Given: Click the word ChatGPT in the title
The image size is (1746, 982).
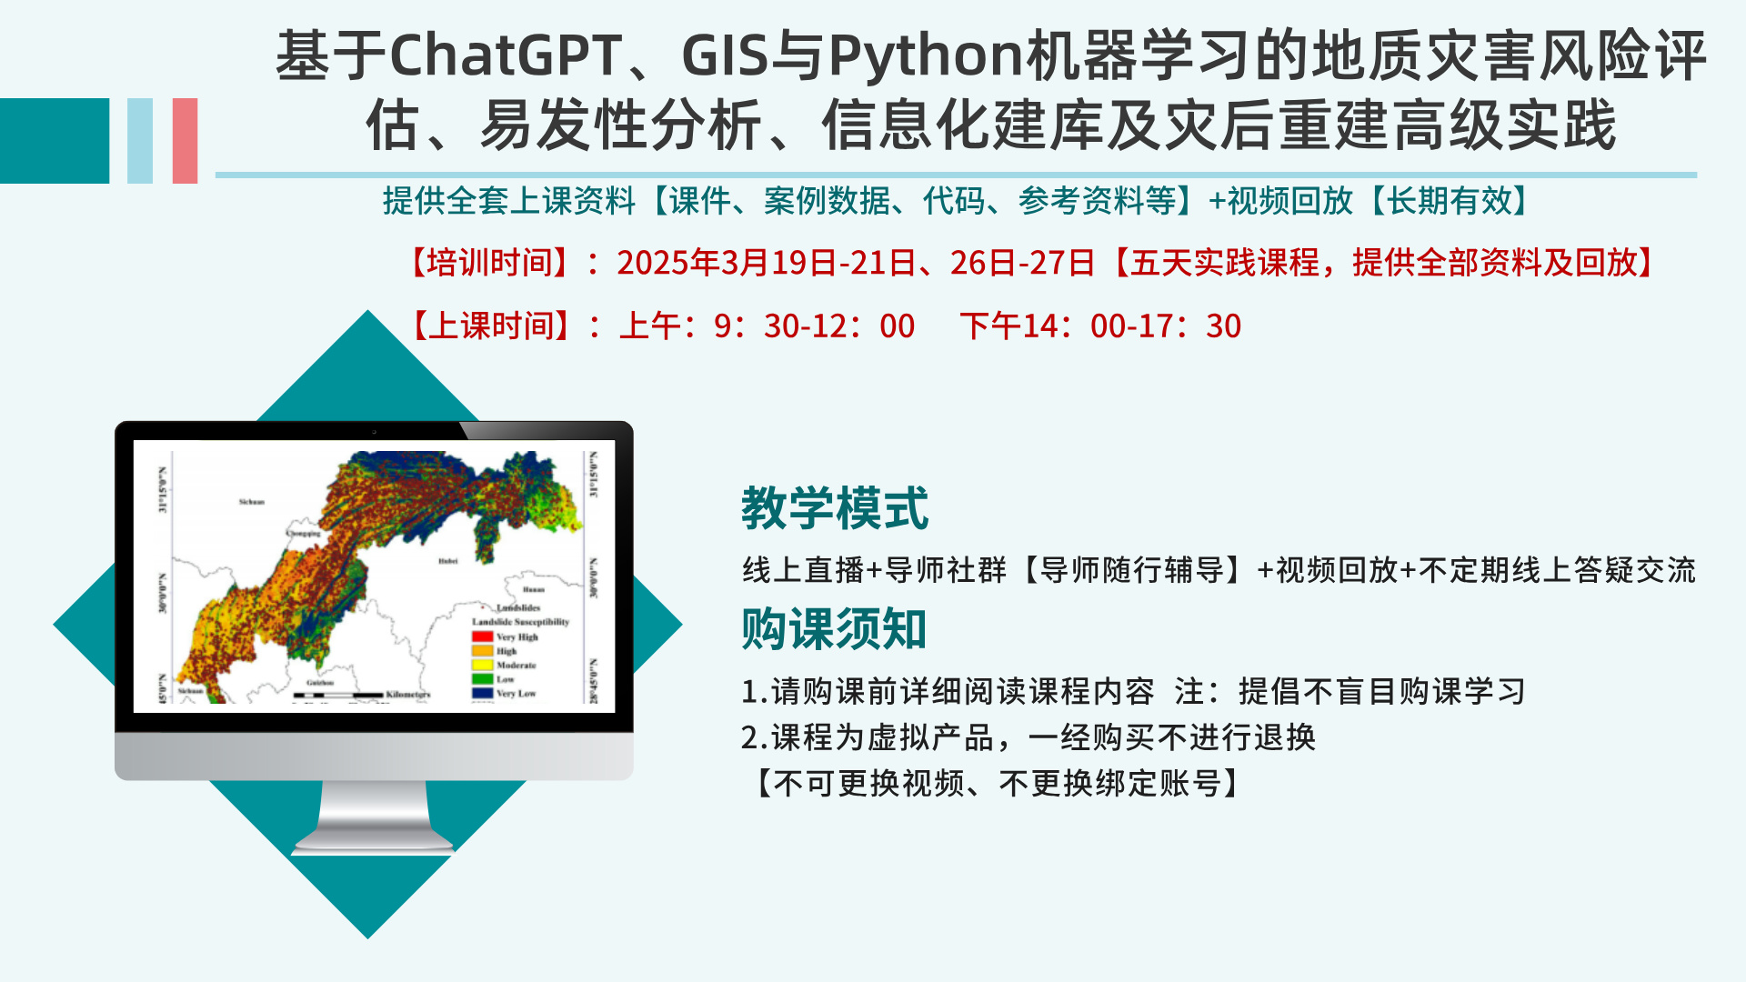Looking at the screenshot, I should pos(506,56).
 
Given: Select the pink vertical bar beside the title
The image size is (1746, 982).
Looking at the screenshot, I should pos(185,141).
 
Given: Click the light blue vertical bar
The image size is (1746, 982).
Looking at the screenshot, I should pos(140,141).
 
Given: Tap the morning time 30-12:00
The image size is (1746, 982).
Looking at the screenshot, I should pos(839,326).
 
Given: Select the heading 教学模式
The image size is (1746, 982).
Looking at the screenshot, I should pos(835,507).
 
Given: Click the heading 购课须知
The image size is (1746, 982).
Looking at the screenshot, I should pos(834,628).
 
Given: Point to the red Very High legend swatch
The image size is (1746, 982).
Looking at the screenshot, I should pos(482,636).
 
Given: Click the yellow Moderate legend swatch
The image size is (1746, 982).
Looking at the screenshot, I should pos(482,665).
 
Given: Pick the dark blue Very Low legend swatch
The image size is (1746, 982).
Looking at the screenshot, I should pos(482,693).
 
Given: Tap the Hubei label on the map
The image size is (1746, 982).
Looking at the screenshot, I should pos(448,561).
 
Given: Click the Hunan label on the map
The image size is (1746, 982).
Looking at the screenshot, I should pos(534,589).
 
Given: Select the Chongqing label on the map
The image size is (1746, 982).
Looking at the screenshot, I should pos(304,534).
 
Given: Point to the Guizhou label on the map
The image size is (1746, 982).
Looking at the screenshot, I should pos(320,682).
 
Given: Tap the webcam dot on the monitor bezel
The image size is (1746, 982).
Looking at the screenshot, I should pos(374,431).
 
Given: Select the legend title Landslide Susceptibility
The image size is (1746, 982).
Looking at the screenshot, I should pos(520,622).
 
